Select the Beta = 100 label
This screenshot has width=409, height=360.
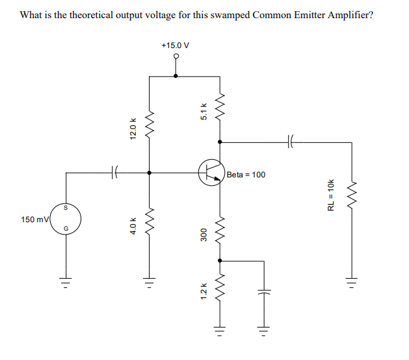click(246, 175)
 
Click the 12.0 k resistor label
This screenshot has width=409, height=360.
click(133, 128)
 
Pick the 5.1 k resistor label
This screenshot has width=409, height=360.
click(204, 112)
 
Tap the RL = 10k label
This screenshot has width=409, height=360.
click(331, 194)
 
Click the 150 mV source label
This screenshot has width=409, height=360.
click(34, 220)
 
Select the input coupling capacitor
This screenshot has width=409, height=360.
click(114, 173)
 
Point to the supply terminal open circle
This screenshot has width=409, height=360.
click(176, 56)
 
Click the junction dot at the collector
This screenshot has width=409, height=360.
click(220, 140)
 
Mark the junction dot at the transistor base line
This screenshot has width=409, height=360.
click(150, 173)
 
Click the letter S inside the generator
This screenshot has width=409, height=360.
click(64, 208)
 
